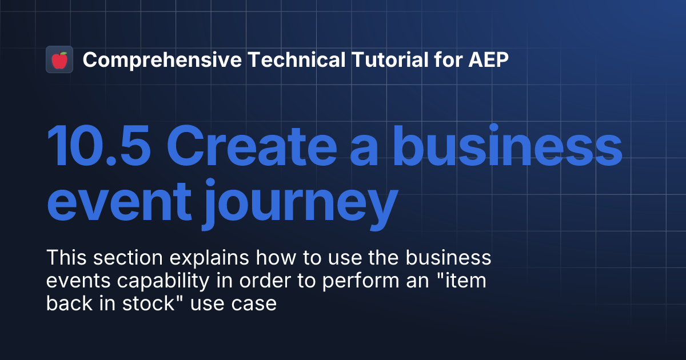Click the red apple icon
click(x=59, y=59)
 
